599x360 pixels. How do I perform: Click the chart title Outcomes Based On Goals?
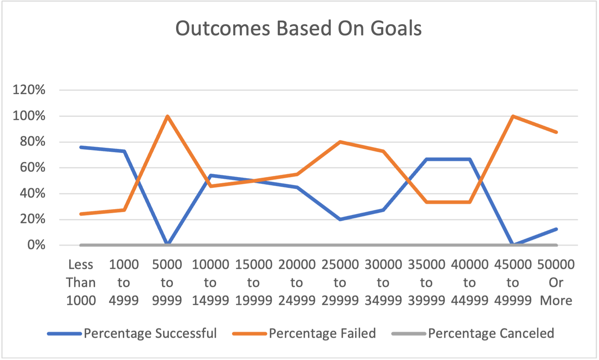(298, 28)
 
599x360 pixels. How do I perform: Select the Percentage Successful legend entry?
(150, 333)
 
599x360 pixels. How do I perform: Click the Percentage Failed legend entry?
(322, 333)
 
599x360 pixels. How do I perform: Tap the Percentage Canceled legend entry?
(491, 333)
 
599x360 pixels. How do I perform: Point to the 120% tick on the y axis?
(29, 90)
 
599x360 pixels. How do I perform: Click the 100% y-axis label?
(29, 116)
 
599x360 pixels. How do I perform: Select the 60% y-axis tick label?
(32, 168)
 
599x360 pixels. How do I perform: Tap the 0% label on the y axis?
(36, 245)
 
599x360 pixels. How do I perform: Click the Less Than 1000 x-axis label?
(81, 283)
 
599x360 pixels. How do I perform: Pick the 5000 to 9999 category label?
(167, 283)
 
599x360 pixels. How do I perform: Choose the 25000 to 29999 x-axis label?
(340, 283)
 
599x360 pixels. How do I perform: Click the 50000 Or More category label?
(556, 283)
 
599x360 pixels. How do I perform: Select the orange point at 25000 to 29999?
(340, 142)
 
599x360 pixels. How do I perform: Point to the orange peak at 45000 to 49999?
(513, 116)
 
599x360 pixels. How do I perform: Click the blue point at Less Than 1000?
(81, 147)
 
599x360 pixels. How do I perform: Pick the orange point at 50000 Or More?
(556, 132)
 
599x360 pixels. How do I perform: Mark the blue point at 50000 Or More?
(556, 229)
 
